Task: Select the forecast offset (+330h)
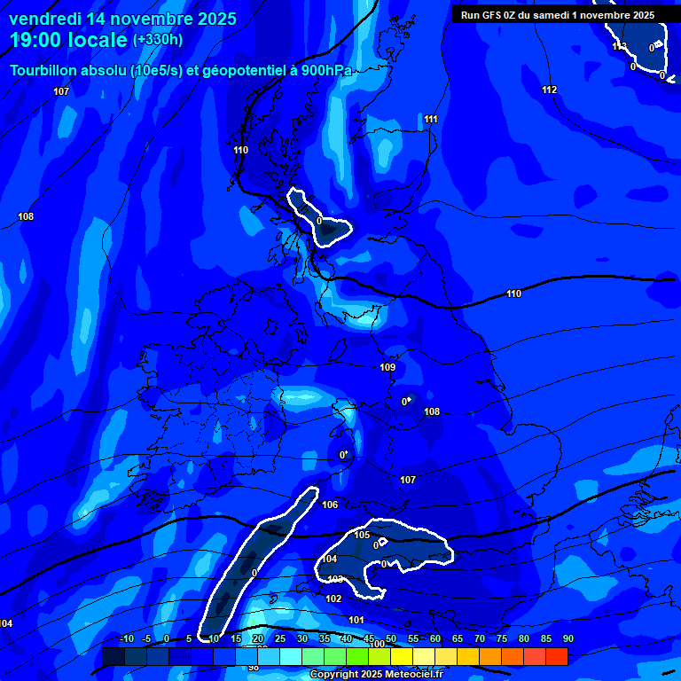coord(158,40)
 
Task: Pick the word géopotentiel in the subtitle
coord(241,71)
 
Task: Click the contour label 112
coord(550,90)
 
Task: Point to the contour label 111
coord(431,119)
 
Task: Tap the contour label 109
coord(387,367)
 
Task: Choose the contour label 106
coord(330,505)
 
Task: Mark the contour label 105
coord(362,535)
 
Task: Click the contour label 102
coord(333,599)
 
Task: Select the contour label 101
coord(356,620)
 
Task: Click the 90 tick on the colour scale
coord(567,638)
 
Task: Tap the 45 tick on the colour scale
coord(369,638)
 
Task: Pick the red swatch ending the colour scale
coord(556,656)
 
